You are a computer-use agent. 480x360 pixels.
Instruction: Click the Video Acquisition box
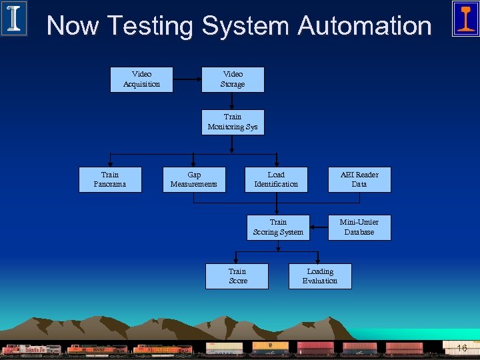(x=141, y=79)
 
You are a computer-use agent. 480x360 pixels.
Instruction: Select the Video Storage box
(x=233, y=79)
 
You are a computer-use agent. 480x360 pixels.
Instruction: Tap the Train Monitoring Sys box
(x=233, y=122)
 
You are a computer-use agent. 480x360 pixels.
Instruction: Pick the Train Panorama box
(x=110, y=179)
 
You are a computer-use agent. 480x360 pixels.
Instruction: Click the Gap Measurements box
(x=194, y=179)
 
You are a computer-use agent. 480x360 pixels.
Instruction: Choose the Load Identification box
(x=276, y=179)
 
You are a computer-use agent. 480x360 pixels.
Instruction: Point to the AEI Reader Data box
(x=359, y=179)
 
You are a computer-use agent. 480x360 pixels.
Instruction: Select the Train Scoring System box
(x=278, y=227)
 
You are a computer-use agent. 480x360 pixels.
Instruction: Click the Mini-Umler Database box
(x=359, y=227)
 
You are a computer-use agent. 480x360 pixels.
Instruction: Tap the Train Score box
(x=237, y=276)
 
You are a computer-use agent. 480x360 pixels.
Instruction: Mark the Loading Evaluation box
(x=320, y=276)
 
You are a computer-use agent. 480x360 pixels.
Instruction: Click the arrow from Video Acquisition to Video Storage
(x=187, y=79)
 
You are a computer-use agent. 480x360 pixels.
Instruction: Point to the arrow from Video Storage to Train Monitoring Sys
(x=233, y=101)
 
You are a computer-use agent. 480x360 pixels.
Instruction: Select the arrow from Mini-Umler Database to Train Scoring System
(x=319, y=227)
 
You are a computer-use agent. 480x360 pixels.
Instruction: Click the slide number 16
(x=461, y=349)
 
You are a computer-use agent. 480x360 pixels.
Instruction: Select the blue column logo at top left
(x=14, y=18)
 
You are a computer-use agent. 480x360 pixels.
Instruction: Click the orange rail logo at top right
(x=465, y=18)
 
